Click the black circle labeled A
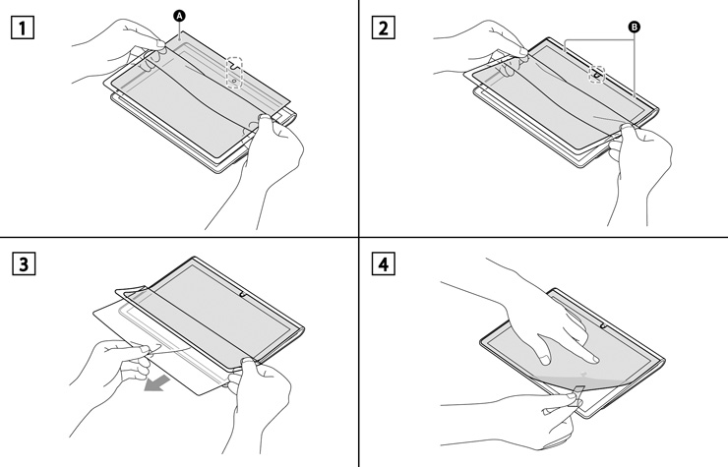179,15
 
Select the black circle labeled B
633,28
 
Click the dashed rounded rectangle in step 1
234,73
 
